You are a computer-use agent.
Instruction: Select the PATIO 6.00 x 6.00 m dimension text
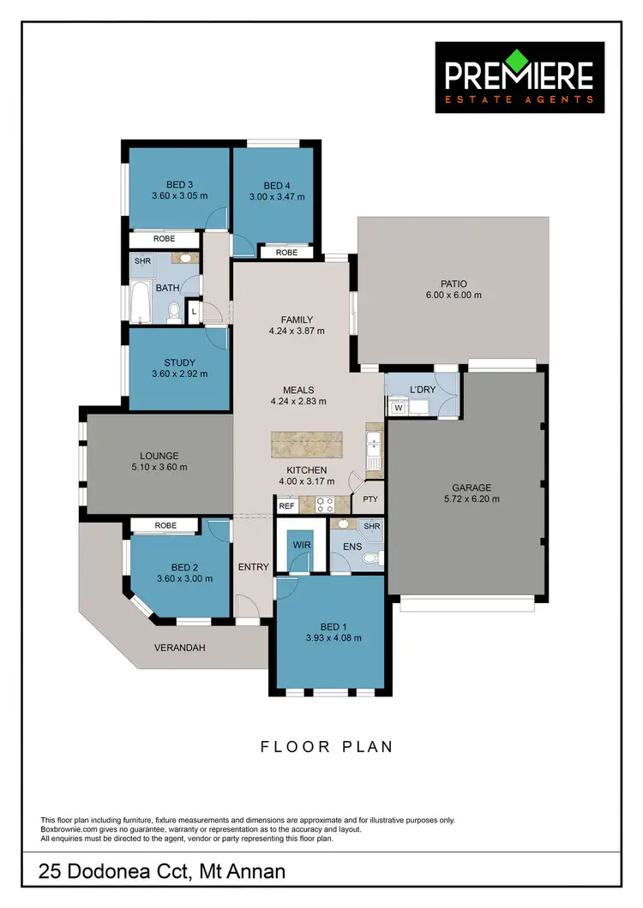(x=453, y=296)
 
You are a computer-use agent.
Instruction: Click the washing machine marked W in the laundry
(x=398, y=408)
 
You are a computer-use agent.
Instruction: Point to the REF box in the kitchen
(x=286, y=506)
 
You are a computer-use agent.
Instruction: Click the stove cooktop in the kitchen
(x=325, y=505)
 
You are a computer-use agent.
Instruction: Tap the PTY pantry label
(x=370, y=499)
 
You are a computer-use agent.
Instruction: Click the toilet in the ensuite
(x=370, y=559)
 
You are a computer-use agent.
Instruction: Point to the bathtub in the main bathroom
(x=141, y=304)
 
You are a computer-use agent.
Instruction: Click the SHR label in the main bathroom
(x=142, y=261)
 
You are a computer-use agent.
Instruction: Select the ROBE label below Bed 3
(x=165, y=240)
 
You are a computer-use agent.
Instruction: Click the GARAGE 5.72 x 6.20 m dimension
(x=467, y=499)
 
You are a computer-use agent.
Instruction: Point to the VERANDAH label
(x=180, y=648)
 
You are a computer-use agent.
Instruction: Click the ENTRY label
(x=253, y=567)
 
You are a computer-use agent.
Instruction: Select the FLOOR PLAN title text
(x=327, y=747)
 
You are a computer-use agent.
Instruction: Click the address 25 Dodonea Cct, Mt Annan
(x=163, y=873)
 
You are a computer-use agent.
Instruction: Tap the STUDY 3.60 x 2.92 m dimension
(x=179, y=373)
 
